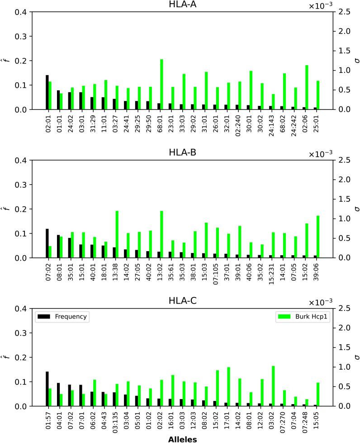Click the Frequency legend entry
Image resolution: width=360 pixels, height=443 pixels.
62,317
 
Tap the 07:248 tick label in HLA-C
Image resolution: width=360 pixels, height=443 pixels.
304,418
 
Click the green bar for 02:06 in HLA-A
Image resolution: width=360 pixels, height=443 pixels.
307,87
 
